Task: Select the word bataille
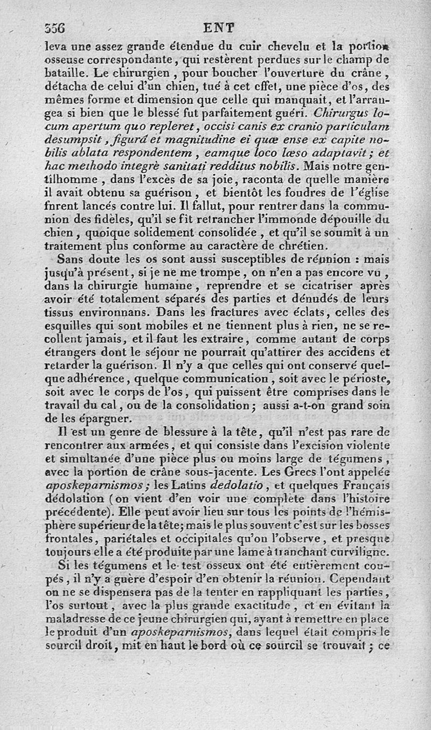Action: [66, 72]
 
